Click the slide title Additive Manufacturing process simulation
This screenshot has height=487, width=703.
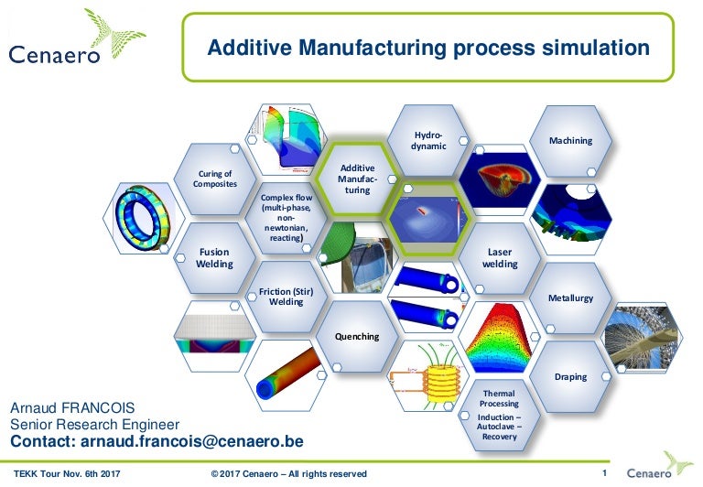click(x=428, y=48)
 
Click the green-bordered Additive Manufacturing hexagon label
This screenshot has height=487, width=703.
click(x=357, y=179)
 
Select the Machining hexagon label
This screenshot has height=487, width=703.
click(x=570, y=140)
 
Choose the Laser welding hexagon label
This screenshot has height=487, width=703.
click(x=500, y=257)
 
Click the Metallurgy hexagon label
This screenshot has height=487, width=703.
click(x=570, y=298)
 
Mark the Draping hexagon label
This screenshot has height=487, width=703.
click(x=570, y=376)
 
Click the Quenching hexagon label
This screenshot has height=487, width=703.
click(x=357, y=336)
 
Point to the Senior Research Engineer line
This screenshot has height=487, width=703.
click(x=94, y=425)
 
